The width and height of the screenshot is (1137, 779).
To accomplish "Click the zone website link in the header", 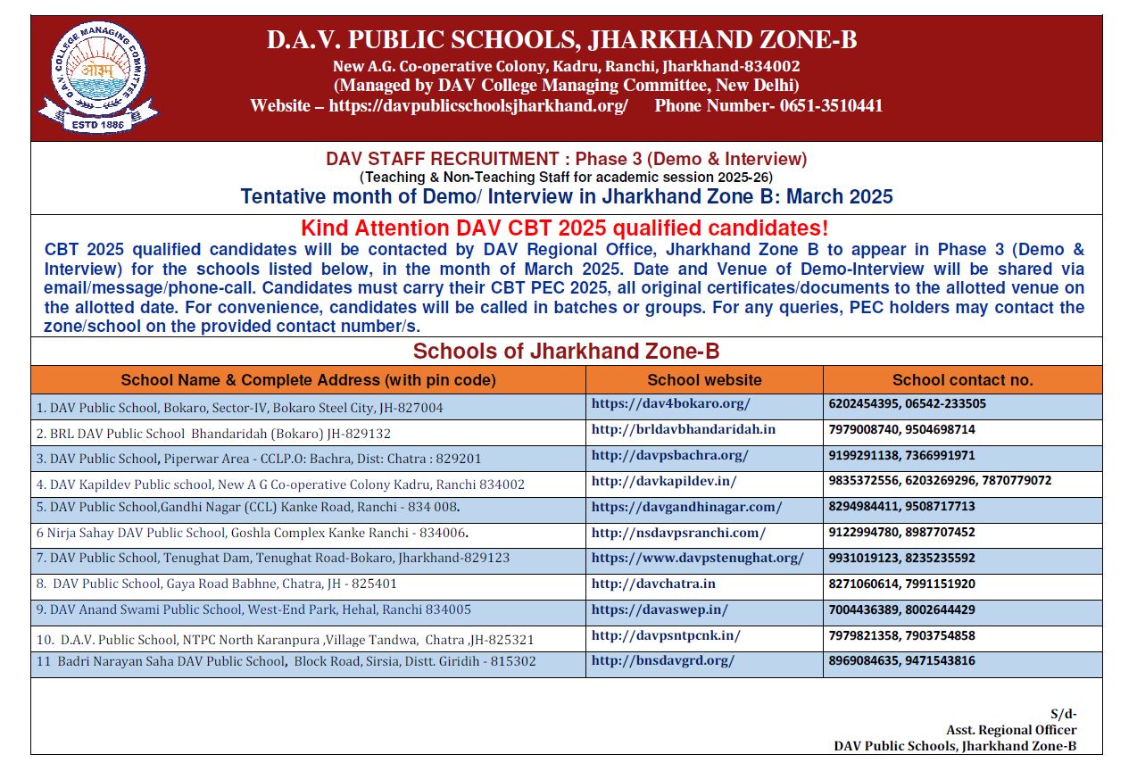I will click(478, 106).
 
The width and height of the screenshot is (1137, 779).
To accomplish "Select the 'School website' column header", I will click(704, 380).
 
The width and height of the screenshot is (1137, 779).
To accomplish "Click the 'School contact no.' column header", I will click(962, 380).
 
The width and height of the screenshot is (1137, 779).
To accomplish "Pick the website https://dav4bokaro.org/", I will click(670, 403).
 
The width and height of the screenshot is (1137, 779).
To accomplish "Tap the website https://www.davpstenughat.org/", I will click(697, 558).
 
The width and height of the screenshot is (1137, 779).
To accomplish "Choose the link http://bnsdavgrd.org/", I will click(662, 660).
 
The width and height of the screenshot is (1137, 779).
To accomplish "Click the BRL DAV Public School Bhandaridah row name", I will click(213, 434).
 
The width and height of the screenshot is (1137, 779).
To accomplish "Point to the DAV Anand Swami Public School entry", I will click(253, 609).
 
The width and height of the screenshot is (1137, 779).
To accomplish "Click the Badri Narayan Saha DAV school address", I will click(286, 661).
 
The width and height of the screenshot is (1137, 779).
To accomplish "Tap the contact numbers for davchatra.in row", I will click(901, 584).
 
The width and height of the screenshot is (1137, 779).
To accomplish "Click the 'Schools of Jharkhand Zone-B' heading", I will click(566, 351).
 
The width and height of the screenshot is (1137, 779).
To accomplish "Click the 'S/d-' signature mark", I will click(1063, 714).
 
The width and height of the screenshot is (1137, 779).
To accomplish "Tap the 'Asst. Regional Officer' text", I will click(1011, 730).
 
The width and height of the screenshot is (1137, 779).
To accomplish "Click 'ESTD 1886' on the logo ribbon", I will click(97, 125).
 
